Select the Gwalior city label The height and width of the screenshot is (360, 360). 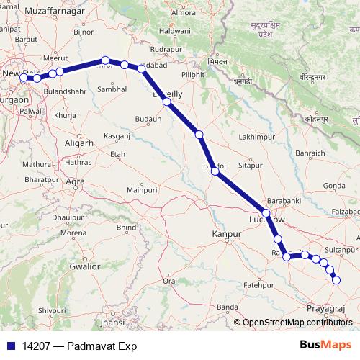[x=84, y=266]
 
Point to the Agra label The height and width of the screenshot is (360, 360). [x=75, y=182]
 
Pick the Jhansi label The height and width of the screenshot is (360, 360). [x=112, y=323]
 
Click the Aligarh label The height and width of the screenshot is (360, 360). [x=78, y=143]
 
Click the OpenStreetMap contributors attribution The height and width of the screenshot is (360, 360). [x=297, y=323]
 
